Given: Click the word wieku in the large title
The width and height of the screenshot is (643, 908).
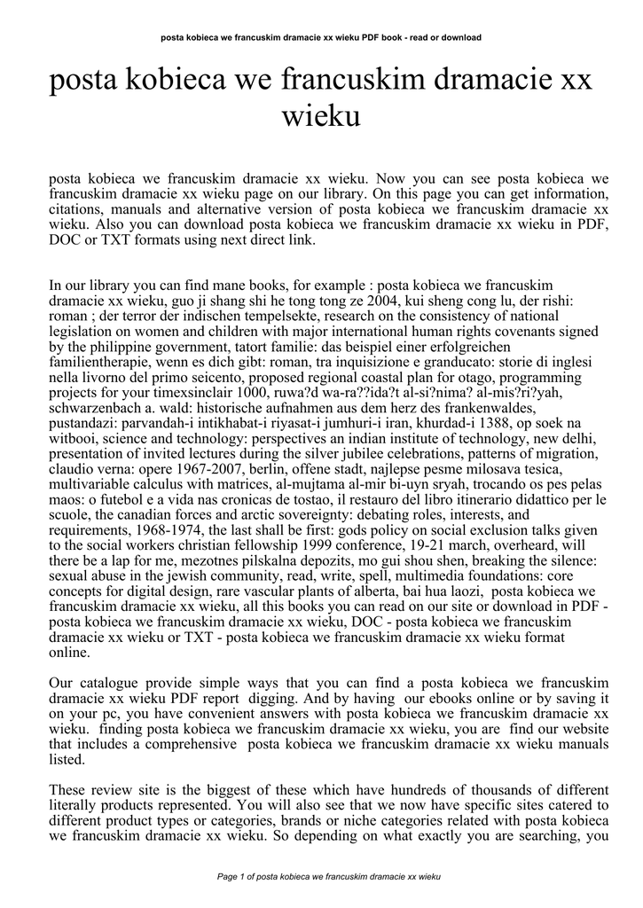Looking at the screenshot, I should click(x=320, y=115).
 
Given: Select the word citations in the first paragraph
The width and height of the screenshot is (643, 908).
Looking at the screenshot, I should click(x=77, y=209).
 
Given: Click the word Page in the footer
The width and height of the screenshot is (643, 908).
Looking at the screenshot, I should click(x=228, y=877).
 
